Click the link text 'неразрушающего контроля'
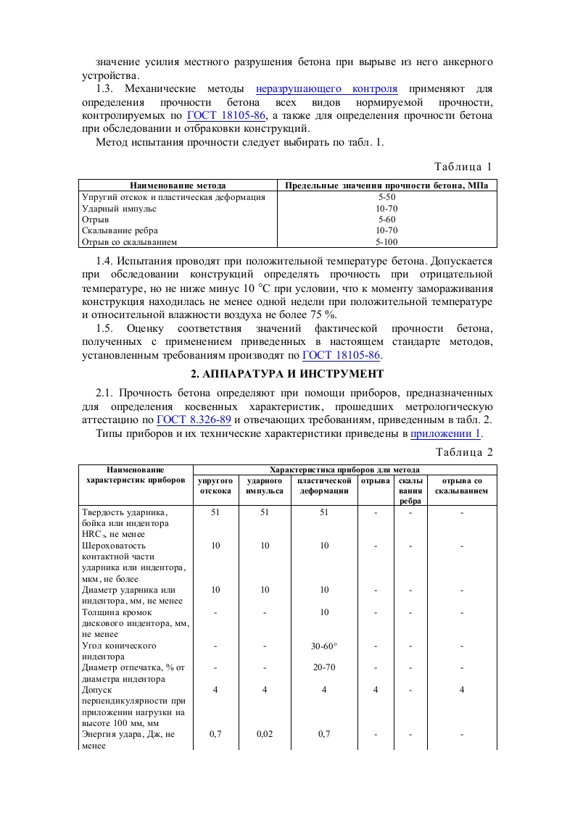[x=326, y=89]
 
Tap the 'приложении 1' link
[x=446, y=433]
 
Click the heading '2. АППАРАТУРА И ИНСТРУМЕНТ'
[x=287, y=374]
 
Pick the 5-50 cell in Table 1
[x=386, y=196]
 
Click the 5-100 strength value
[x=386, y=242]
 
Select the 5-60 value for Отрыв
[x=386, y=219]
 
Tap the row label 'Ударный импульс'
[x=120, y=208]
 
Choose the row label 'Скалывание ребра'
[x=121, y=230]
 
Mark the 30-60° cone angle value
[x=324, y=645]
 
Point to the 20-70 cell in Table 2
[x=324, y=667]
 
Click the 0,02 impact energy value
[x=265, y=734]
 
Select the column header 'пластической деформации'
[x=324, y=485]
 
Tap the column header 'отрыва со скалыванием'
[x=461, y=485]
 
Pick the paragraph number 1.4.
[x=105, y=260]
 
